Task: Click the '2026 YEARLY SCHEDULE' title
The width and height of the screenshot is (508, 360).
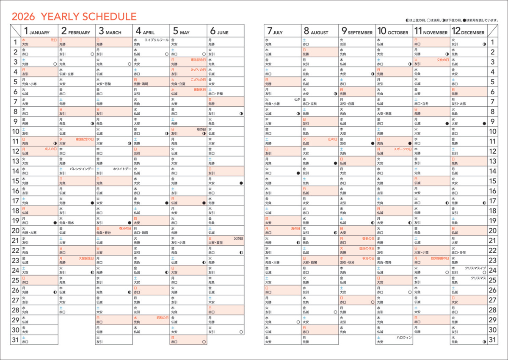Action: tap(74, 17)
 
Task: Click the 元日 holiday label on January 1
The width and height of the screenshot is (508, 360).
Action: tap(53, 40)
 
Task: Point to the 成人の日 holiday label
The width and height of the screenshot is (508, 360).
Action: tap(50, 149)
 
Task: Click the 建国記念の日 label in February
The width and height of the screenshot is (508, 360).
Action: tap(85, 139)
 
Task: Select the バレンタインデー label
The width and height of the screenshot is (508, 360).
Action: tap(82, 169)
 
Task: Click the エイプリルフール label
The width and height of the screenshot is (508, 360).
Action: tap(157, 40)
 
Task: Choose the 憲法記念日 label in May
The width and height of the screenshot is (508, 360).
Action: tap(198, 60)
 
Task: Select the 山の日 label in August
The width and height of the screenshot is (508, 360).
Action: tap(332, 139)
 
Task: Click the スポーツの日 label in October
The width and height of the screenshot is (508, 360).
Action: tap(403, 149)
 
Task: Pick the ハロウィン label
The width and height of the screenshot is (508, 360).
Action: tap(404, 338)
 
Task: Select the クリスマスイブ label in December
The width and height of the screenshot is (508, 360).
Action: tap(475, 268)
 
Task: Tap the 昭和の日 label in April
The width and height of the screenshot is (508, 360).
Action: tap(163, 318)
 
